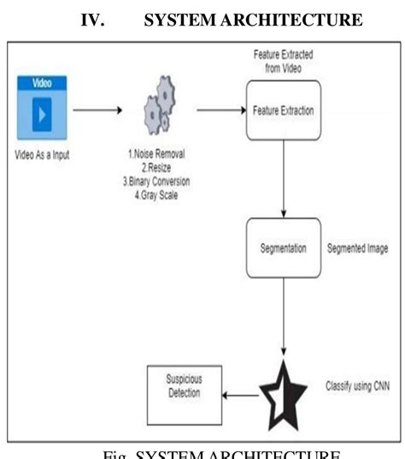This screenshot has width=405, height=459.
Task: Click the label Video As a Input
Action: coord(43,154)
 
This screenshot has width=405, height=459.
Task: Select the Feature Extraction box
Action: coord(283,110)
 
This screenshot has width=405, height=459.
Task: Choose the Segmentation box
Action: coord(283,248)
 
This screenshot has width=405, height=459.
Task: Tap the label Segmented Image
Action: coord(357,248)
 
